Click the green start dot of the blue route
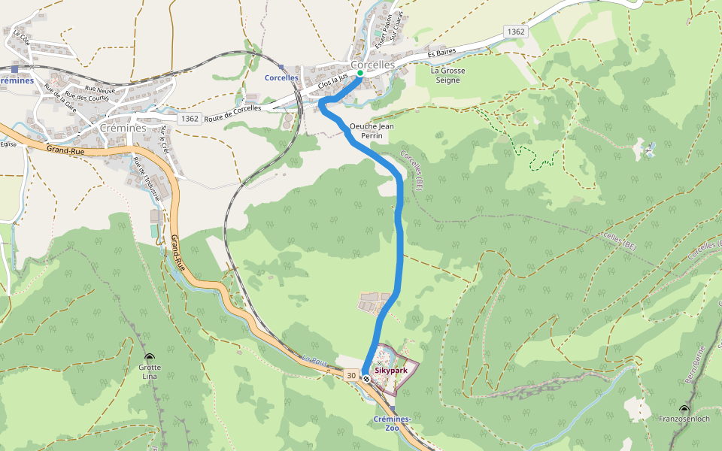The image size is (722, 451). point(359,74)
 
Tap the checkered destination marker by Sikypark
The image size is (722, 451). point(366,379)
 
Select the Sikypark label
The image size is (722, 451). point(390,371)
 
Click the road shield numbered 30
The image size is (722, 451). point(351,374)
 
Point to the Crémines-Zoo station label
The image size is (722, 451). point(392,423)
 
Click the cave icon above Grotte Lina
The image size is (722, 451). point(149,357)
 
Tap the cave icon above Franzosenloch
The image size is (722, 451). point(684,409)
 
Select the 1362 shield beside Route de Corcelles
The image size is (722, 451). point(190,119)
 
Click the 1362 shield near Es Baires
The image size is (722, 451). point(515,32)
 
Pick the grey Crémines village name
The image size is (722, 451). point(123,128)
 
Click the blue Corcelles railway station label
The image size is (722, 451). point(281,78)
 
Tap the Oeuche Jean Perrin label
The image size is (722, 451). point(372,131)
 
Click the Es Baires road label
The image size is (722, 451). point(441,53)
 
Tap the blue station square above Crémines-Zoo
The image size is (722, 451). point(393,408)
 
